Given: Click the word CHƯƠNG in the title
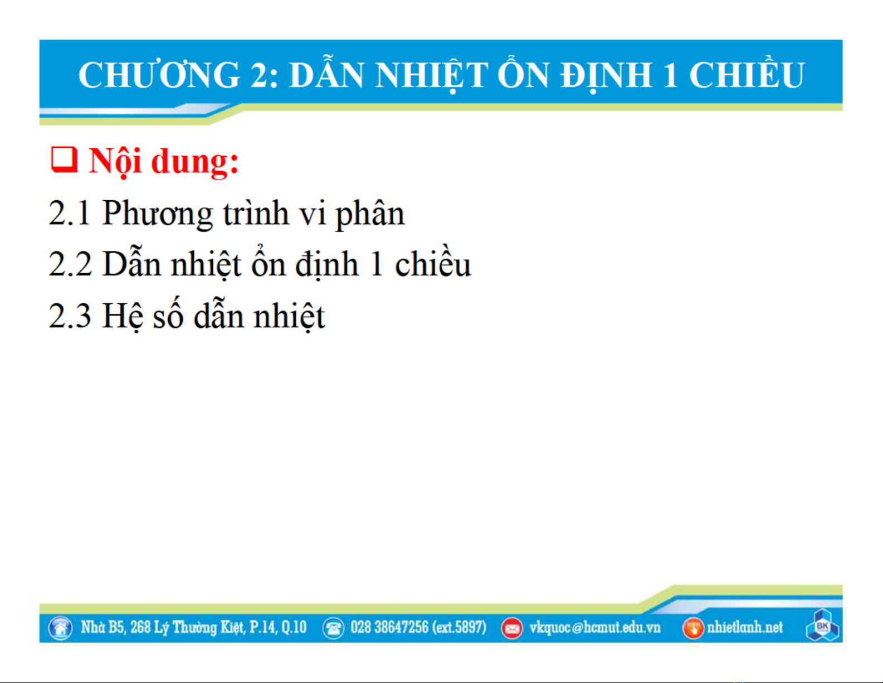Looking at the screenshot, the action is pyautogui.click(x=159, y=75).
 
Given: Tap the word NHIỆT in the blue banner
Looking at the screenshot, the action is pyautogui.click(x=432, y=76).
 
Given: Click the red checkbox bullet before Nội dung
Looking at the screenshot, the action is pyautogui.click(x=64, y=160).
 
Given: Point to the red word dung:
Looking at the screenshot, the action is pyautogui.click(x=194, y=162).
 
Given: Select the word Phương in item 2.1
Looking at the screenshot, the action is pyautogui.click(x=157, y=214).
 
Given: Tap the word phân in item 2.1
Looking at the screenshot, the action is pyautogui.click(x=370, y=214).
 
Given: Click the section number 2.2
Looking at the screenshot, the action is pyautogui.click(x=70, y=264).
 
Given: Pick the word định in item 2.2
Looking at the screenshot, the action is pyautogui.click(x=327, y=265).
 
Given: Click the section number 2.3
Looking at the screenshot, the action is pyautogui.click(x=70, y=316).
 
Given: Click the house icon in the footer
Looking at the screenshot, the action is pyautogui.click(x=61, y=628).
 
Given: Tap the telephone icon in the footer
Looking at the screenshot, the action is pyautogui.click(x=333, y=628).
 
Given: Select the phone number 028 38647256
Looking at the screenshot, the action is pyautogui.click(x=389, y=627).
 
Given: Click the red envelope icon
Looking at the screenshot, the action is pyautogui.click(x=512, y=628).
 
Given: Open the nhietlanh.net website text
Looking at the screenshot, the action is pyautogui.click(x=745, y=627).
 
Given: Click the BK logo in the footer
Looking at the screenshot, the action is pyautogui.click(x=822, y=626).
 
